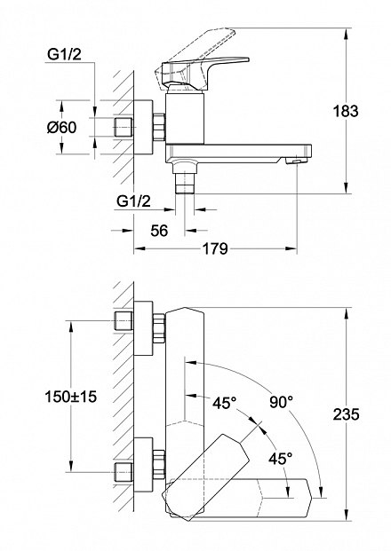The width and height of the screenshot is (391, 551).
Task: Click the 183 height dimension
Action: [x=346, y=111]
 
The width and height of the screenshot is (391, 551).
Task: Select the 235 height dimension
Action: [x=347, y=414]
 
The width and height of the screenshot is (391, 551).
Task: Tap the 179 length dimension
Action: [x=215, y=248]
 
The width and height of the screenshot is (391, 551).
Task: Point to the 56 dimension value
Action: [x=159, y=231]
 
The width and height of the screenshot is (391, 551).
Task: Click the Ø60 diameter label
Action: [x=62, y=127]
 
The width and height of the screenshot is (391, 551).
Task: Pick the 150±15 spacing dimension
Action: [x=71, y=397]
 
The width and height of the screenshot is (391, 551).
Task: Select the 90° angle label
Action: [x=281, y=402]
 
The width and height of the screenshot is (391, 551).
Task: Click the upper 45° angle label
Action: [x=224, y=403]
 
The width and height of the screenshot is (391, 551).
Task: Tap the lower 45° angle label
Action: [x=281, y=458]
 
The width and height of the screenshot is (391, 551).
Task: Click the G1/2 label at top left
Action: [x=64, y=54]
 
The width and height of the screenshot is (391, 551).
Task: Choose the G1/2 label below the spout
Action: [x=133, y=201]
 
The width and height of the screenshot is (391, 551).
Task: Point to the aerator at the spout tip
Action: [x=296, y=161]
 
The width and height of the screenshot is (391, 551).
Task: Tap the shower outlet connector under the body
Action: [x=184, y=176]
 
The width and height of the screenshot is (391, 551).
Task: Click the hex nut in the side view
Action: [x=159, y=127]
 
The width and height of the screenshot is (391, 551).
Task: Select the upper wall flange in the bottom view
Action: [x=144, y=328]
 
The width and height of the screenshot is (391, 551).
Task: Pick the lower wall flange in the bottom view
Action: [x=144, y=464]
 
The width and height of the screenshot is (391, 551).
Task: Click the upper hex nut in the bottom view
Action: [x=159, y=328]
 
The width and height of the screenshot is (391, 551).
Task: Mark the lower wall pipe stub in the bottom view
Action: [x=124, y=472]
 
